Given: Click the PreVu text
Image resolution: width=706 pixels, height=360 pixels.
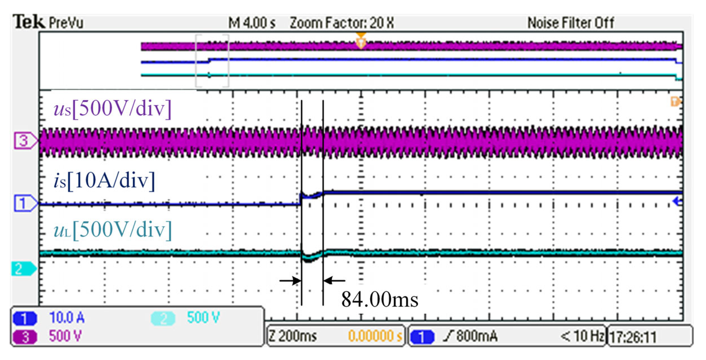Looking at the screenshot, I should click(66, 22).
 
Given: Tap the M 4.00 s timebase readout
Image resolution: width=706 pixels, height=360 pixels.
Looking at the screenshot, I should click(252, 23).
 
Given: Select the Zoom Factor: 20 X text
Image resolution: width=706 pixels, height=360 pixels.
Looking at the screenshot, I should click(341, 23).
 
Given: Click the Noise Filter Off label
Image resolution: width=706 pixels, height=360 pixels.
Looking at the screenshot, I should click(571, 23).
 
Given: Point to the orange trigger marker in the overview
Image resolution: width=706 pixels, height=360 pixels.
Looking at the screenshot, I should click(361, 41).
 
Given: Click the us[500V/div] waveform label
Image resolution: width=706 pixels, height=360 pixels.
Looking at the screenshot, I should click(112, 108).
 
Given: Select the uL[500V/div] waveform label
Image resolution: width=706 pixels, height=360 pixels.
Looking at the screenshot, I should click(112, 230).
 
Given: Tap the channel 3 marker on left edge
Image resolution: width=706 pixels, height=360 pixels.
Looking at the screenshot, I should click(25, 141).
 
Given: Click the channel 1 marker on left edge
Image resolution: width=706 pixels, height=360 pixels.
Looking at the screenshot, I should click(25, 203).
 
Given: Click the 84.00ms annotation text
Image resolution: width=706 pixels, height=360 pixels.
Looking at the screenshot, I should click(379, 300).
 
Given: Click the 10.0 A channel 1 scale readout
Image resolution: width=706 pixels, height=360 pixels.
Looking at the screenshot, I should click(67, 318).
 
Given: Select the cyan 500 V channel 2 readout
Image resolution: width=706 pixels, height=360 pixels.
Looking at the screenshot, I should click(203, 318).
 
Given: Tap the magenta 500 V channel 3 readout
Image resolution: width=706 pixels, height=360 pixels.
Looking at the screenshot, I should click(65, 336).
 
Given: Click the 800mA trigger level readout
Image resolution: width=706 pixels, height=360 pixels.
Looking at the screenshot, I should click(476, 336).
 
